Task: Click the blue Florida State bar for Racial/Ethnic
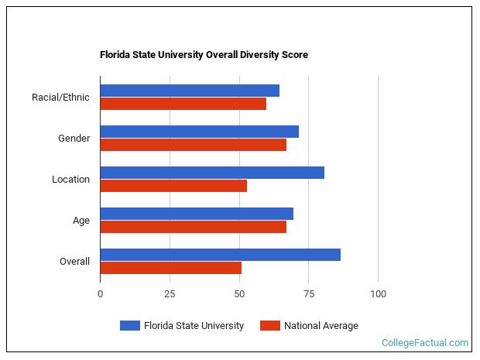190,91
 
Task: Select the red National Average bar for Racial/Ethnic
183,104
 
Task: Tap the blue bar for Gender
199,132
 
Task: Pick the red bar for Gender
193,145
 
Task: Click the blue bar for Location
212,173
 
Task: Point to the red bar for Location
173,186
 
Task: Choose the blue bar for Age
197,214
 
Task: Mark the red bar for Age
193,227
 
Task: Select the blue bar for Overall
220,255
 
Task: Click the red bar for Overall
170,268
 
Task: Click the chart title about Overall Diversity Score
204,55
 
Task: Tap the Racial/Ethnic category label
60,98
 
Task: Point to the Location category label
70,180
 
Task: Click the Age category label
81,221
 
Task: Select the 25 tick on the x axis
170,293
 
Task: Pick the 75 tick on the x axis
308,293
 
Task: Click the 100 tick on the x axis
378,293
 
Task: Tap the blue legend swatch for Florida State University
129,326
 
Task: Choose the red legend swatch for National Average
269,326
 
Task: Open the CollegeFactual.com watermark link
425,343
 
